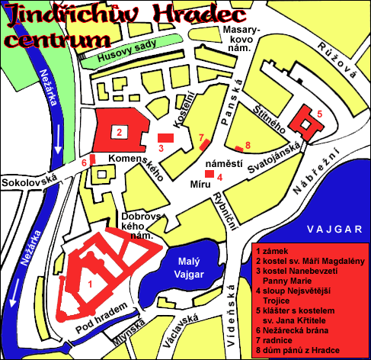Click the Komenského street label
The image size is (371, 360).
(139, 164)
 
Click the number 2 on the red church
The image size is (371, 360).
(120, 131)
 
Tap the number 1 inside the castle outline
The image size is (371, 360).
(90, 284)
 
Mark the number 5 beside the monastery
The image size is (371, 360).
(320, 113)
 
